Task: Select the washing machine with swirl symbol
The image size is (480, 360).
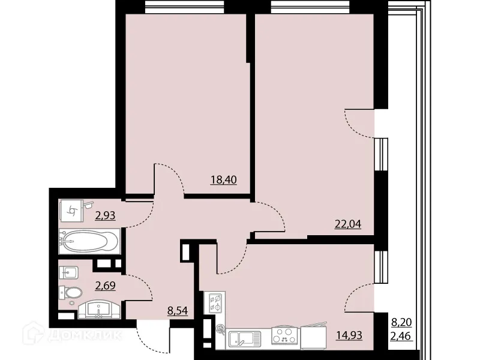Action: pos(73,211)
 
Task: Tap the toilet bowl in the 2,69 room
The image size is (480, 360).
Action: pos(72,293)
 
